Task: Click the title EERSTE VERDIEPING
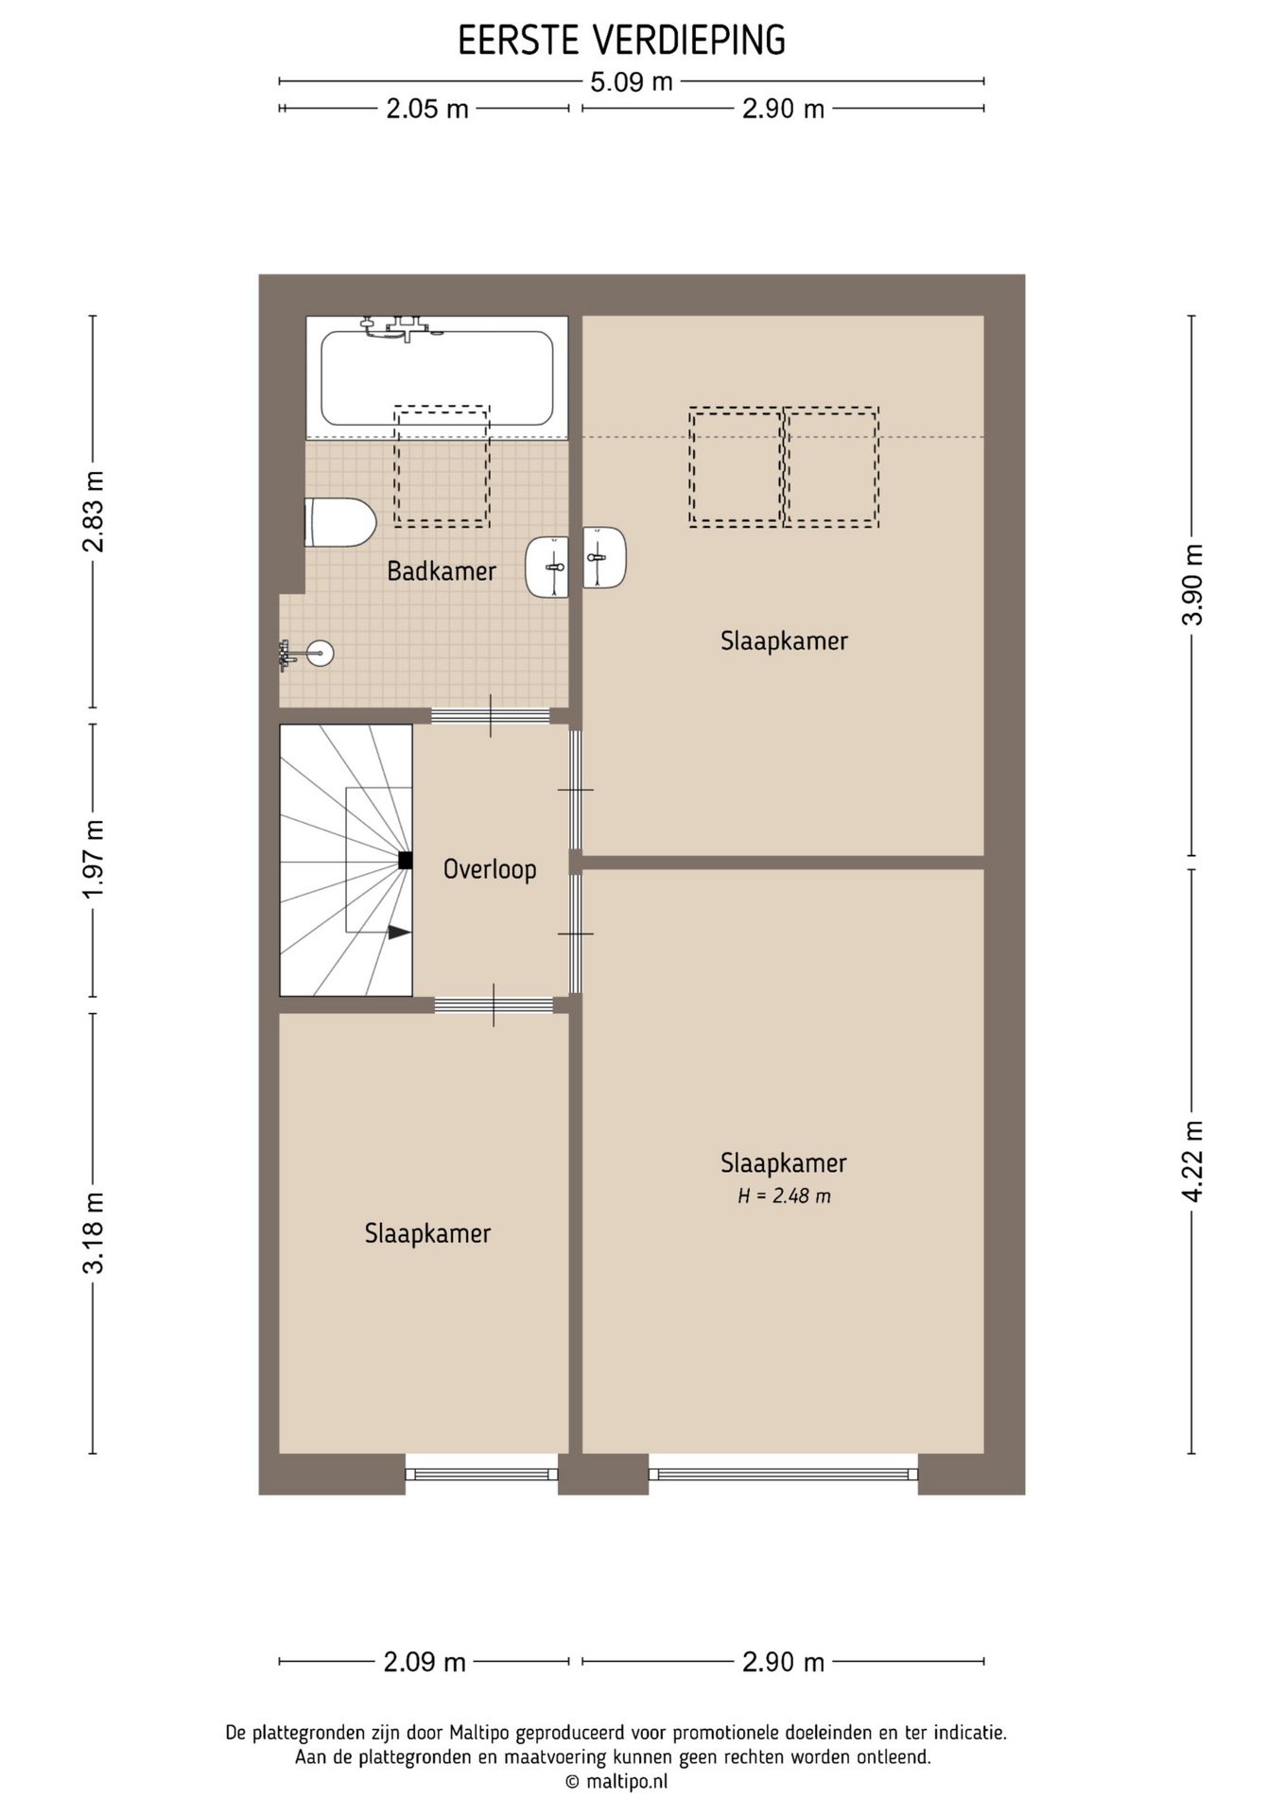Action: click(621, 41)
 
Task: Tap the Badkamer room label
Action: click(442, 571)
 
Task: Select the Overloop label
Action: click(490, 869)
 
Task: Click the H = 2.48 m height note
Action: click(784, 1196)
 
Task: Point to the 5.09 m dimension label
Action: click(631, 82)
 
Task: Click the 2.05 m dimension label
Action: click(427, 109)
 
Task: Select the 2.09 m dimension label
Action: click(425, 1661)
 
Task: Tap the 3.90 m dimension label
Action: click(1192, 585)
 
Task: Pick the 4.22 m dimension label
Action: click(1192, 1161)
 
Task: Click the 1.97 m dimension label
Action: click(93, 861)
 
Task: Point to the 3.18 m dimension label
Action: click(93, 1233)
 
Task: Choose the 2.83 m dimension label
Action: click(93, 511)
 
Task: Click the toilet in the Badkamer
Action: click(339, 522)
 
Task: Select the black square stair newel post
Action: click(405, 861)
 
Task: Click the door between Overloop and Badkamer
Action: click(491, 716)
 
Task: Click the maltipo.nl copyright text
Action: click(616, 1781)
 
